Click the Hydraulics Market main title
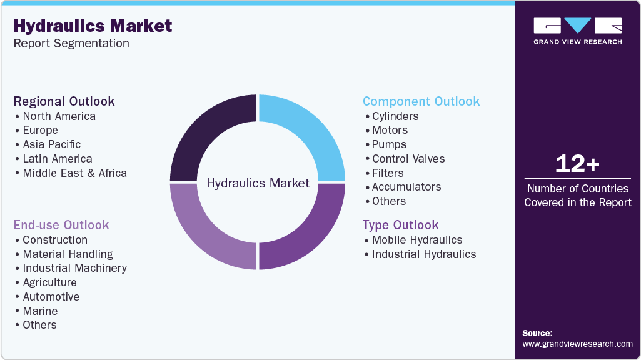coord(93,26)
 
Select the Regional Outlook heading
coord(64,101)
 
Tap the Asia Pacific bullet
coord(52,144)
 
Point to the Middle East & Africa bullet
coord(74,173)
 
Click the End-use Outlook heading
coord(61,225)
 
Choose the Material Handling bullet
coord(68,254)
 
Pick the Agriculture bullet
coord(49,282)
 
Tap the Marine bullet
coord(40,311)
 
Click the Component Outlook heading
coord(421,101)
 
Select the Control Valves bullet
coord(408,159)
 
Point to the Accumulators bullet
coord(406,187)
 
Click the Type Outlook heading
coord(401,225)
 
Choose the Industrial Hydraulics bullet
coord(424,254)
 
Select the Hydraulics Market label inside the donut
coord(258,183)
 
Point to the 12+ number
coord(577,164)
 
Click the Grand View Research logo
coord(577,31)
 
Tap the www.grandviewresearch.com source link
coord(577,344)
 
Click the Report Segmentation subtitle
coord(71,44)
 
